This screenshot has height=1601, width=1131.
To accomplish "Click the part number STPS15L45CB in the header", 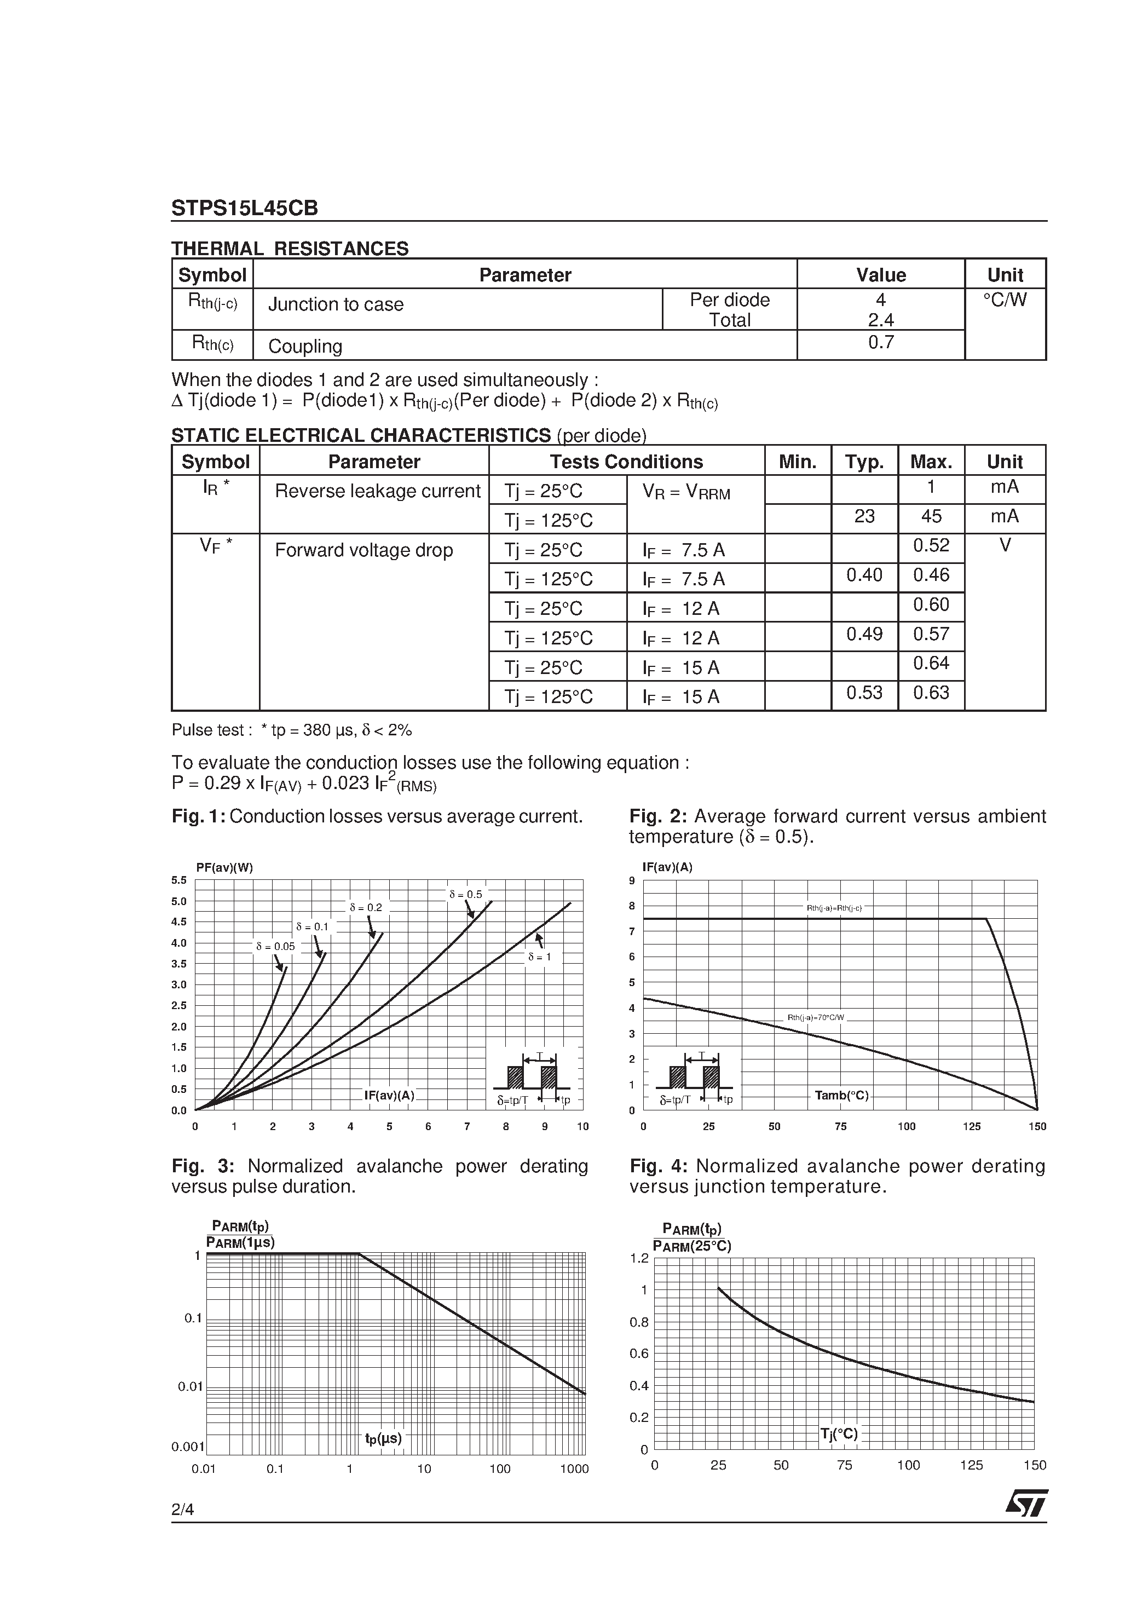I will [245, 209].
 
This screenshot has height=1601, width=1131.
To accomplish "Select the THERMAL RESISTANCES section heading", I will [290, 249].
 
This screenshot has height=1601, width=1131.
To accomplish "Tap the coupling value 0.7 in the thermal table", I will [881, 342].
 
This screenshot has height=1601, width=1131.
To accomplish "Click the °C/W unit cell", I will [1005, 300].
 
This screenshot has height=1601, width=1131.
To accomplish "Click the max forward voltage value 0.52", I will [931, 545].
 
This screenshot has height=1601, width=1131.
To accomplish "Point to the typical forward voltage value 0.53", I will [864, 693].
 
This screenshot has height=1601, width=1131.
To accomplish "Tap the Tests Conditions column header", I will [626, 462].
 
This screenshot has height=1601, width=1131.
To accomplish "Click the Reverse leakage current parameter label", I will [377, 491].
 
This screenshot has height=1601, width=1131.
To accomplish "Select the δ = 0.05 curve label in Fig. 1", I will [275, 947].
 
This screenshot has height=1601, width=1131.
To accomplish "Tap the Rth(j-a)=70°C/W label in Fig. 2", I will [816, 1017].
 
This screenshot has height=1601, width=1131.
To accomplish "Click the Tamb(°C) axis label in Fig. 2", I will [841, 1096].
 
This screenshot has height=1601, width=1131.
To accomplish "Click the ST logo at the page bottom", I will [1026, 1504].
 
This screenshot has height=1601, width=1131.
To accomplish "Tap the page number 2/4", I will [183, 1510].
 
